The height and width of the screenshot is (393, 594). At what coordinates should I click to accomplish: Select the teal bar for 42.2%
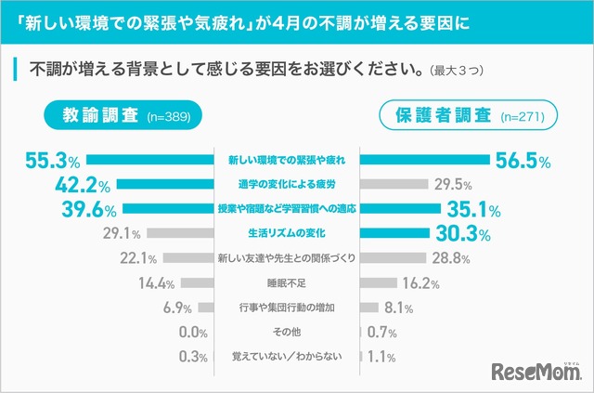(x=166, y=184)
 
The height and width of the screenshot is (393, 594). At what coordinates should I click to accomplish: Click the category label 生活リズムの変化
(x=287, y=232)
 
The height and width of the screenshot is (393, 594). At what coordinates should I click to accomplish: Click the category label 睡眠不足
(x=287, y=282)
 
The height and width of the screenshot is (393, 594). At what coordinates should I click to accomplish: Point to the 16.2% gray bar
(x=381, y=282)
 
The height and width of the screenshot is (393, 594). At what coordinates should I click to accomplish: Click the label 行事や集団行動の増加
(x=287, y=307)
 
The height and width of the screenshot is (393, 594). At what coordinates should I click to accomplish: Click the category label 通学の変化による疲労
(x=287, y=184)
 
